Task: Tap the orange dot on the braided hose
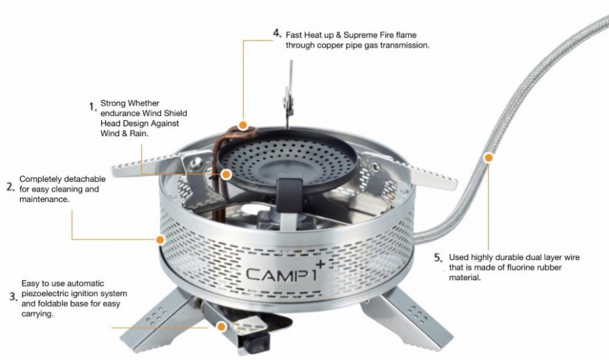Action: (x=488, y=158)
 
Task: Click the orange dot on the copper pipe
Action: (x=243, y=125)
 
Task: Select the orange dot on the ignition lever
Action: (x=221, y=327)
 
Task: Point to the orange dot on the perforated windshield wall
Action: (x=160, y=239)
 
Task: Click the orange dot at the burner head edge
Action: (x=226, y=175)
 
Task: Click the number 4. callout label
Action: (x=277, y=33)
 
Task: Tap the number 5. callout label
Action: (x=438, y=258)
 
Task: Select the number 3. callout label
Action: (x=13, y=297)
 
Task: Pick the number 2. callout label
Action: (x=11, y=187)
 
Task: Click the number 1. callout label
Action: (x=93, y=107)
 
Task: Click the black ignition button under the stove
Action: (x=256, y=342)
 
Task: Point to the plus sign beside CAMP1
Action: (x=320, y=264)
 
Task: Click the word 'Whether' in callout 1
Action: (x=143, y=103)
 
